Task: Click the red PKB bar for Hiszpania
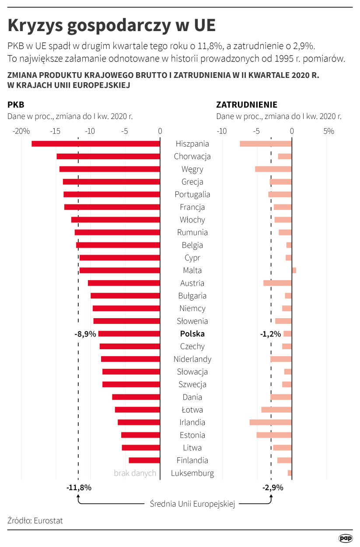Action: coord(96,144)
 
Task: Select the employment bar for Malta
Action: coord(294,270)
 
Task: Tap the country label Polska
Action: coord(192,334)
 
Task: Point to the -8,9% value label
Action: coord(85,334)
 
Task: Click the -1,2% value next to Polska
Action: coord(270,334)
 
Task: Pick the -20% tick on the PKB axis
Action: coord(21,131)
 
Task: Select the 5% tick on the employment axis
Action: coord(329,131)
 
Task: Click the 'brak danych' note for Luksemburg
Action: coord(135,473)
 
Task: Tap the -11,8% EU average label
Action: coord(79,487)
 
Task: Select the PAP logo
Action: coord(346,538)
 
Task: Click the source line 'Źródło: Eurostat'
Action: coord(35,521)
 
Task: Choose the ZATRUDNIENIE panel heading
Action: coord(247,105)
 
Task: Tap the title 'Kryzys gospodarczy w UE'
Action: coord(112,25)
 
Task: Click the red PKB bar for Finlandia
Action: coord(144,460)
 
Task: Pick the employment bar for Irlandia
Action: coord(270,422)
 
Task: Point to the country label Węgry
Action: coord(192,169)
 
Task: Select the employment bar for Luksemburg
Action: coord(290,473)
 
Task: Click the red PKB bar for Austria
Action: coord(124,283)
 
